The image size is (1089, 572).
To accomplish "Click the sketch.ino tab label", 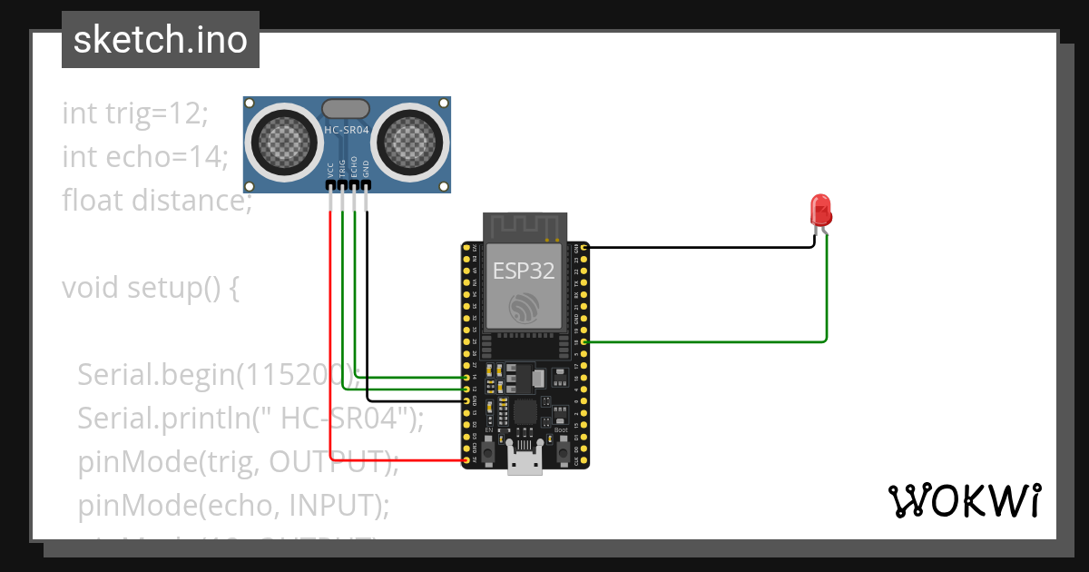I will tap(160, 40).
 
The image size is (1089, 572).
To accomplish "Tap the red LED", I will tap(821, 211).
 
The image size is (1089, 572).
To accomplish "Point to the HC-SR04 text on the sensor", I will tap(347, 131).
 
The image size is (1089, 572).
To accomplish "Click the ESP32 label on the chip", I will tap(524, 271).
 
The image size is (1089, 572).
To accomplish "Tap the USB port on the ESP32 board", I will tap(524, 463).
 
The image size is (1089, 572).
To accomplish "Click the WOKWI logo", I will tap(964, 500).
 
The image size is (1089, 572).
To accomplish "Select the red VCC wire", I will tap(330, 345).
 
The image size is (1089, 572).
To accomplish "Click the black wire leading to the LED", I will tap(699, 246).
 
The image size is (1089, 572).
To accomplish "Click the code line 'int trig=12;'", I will tap(135, 113).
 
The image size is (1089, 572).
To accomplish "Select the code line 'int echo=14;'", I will tap(145, 156).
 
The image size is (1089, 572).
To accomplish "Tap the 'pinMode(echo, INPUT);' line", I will tap(233, 504).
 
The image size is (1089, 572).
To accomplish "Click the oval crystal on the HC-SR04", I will tap(346, 109).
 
